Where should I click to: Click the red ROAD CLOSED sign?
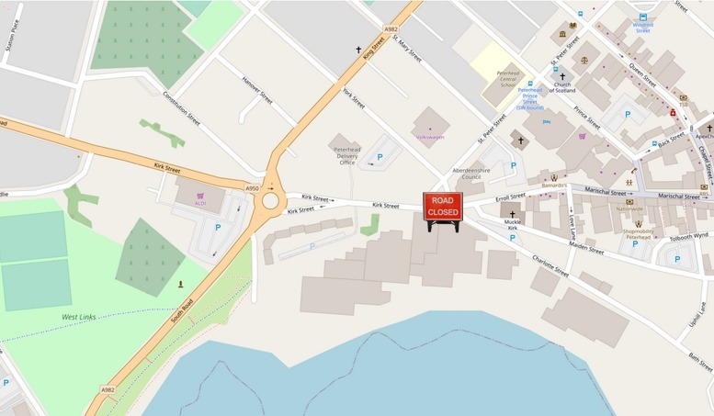442,207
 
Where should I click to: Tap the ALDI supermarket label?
200,203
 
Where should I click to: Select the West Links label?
78,317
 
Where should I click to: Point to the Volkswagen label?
430,137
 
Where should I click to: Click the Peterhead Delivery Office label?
346,155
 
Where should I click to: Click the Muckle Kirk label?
513,225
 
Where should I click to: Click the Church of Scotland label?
563,88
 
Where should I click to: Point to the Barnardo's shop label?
553,186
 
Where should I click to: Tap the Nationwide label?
629,208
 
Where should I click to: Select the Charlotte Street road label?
550,266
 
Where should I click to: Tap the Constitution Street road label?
181,107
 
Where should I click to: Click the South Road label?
181,317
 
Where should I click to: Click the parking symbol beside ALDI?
218,227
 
